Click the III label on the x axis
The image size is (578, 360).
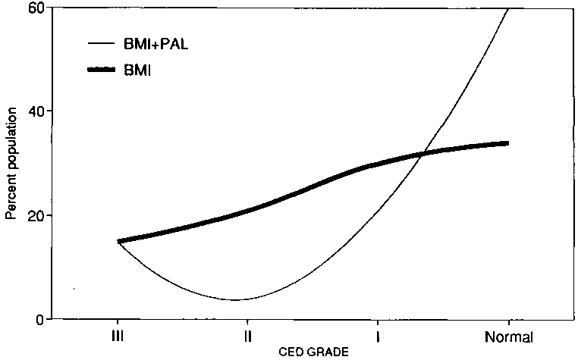click(x=118, y=336)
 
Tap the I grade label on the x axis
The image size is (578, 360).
click(x=377, y=336)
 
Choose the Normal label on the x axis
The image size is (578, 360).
click(x=509, y=337)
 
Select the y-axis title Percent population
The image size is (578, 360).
click(x=11, y=163)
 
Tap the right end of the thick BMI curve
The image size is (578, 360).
click(x=507, y=142)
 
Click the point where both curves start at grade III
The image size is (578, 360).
click(x=118, y=241)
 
